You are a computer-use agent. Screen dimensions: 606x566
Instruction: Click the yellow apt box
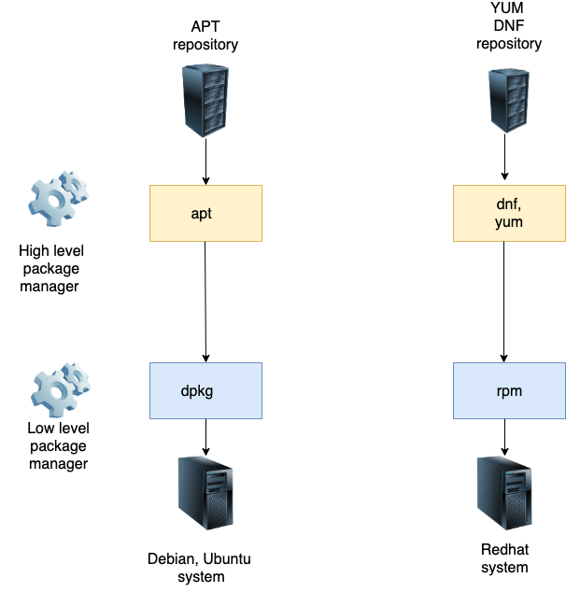click(x=205, y=213)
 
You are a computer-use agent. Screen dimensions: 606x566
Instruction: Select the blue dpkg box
click(x=205, y=390)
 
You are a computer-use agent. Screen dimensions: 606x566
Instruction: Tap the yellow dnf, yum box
click(x=509, y=213)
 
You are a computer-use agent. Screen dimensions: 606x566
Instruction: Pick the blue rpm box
click(x=509, y=390)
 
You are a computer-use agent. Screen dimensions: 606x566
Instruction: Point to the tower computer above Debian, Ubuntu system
click(x=205, y=492)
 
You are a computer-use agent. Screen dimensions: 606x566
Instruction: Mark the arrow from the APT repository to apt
click(x=205, y=164)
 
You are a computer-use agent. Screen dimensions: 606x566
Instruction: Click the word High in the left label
click(x=35, y=251)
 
